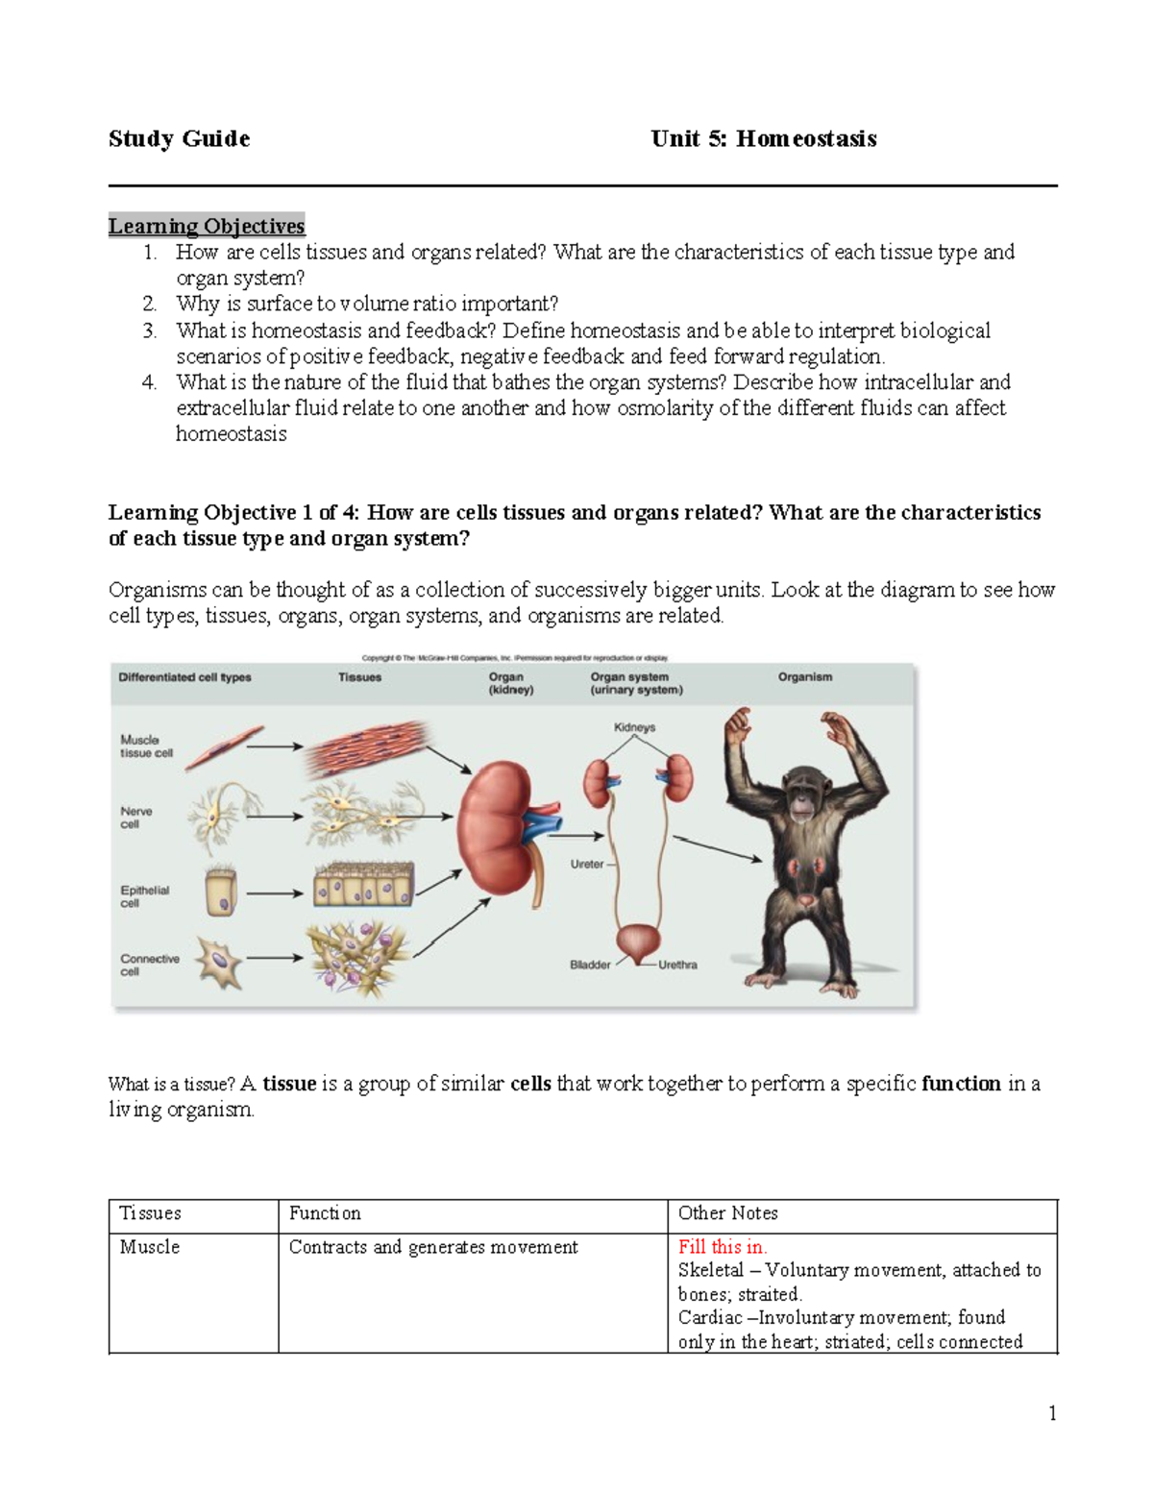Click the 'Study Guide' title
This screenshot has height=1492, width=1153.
tap(179, 139)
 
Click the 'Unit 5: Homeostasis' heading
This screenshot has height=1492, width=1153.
tap(763, 139)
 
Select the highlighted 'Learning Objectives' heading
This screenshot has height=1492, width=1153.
tap(207, 226)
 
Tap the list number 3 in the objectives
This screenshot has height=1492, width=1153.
tap(149, 330)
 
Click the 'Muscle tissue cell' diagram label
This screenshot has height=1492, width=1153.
tap(146, 746)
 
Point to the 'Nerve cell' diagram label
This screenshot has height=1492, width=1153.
tap(135, 818)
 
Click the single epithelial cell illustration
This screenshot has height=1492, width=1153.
tap(222, 893)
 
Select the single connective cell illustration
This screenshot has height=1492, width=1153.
tap(219, 962)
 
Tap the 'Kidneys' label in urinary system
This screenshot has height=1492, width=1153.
tap(634, 727)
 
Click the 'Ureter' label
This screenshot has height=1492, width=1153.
tap(587, 864)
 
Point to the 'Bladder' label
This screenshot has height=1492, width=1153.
tap(590, 965)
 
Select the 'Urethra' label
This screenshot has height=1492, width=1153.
tap(677, 965)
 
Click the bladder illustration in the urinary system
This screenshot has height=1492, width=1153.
tap(637, 942)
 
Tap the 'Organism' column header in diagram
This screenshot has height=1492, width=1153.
tap(804, 677)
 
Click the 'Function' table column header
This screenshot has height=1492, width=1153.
tap(325, 1213)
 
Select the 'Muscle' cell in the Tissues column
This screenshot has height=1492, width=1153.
tap(150, 1247)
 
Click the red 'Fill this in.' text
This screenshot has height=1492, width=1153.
tap(722, 1247)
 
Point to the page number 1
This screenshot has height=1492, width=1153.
tap(1052, 1412)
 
